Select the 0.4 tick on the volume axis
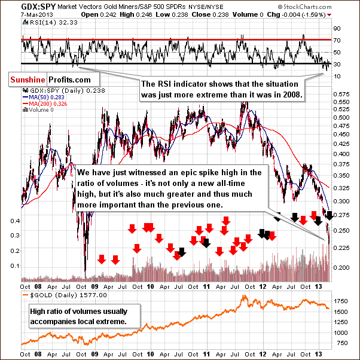click(14, 221)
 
